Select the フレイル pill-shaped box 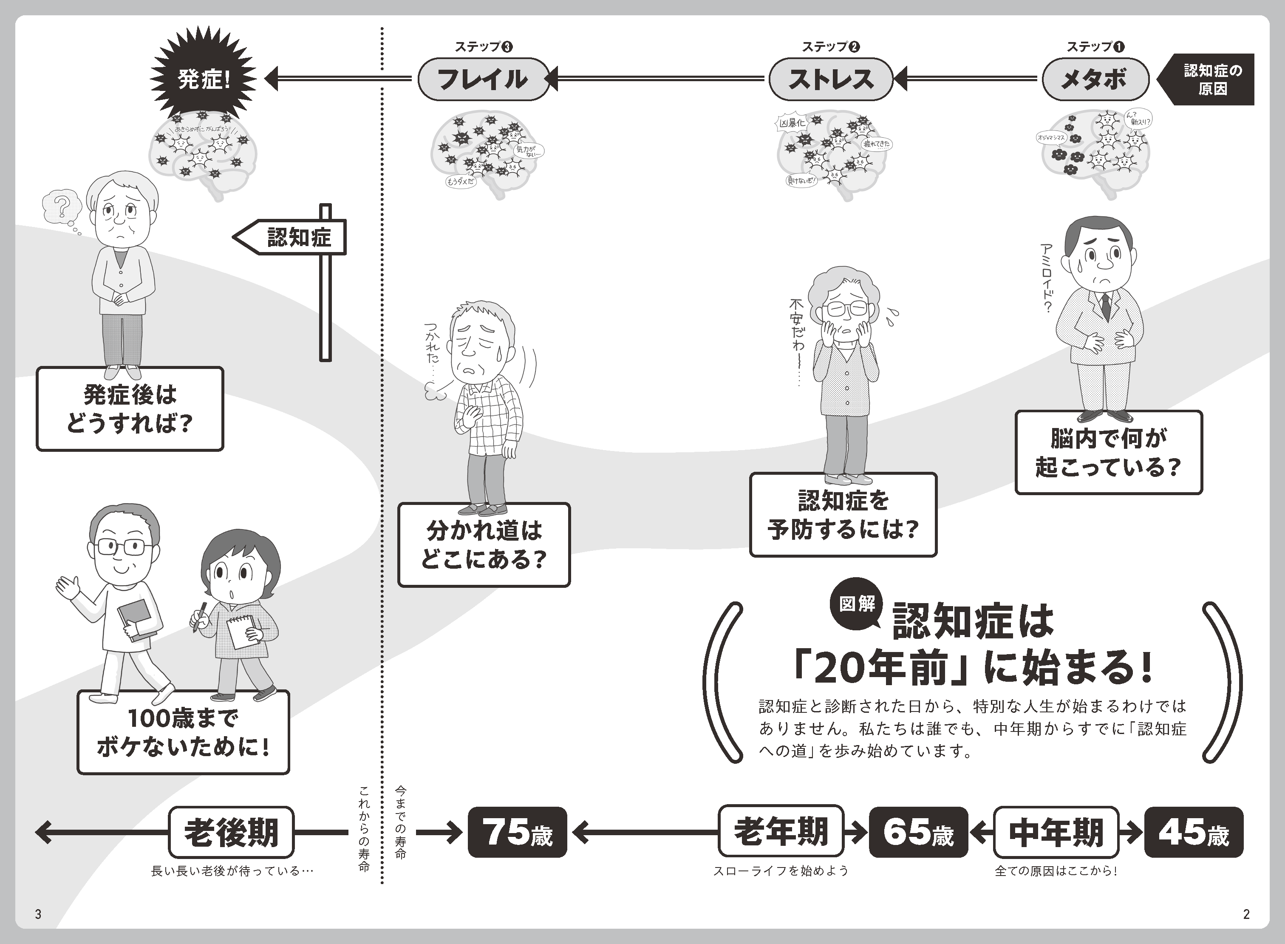[x=483, y=79]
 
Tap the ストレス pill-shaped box [x=830, y=79]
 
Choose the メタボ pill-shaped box [x=1095, y=79]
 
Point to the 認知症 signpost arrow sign [x=292, y=237]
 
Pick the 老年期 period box [x=781, y=832]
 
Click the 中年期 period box [x=1056, y=832]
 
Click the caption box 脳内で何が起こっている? [x=1109, y=453]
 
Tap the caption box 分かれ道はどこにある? [x=484, y=544]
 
